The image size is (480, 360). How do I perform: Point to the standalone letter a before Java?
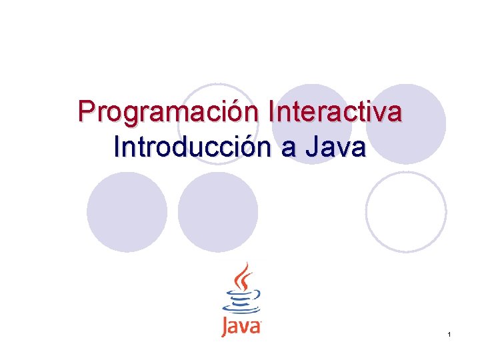pos(288,148)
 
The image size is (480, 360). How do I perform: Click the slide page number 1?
pos(450,333)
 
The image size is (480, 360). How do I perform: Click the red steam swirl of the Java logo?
pos(244,276)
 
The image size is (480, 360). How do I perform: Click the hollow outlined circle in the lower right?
pos(406,212)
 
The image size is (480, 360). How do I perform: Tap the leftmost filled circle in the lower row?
pos(127,212)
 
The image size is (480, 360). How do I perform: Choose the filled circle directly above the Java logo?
pos(218,212)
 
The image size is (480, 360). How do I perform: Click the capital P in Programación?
pos(86,112)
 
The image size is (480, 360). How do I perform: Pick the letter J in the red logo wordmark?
pos(225,328)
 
